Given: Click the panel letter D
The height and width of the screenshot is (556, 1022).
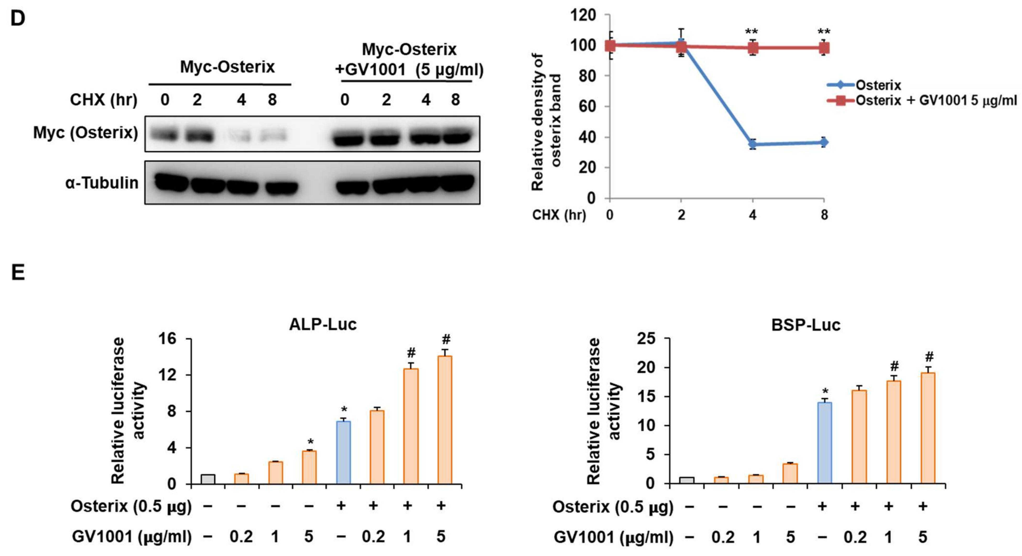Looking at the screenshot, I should click(18, 18).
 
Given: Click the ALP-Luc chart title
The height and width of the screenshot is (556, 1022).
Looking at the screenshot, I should click(323, 324).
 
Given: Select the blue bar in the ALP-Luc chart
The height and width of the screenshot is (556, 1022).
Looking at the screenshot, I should click(344, 452).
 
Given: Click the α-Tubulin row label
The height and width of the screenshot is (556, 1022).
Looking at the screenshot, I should click(102, 183).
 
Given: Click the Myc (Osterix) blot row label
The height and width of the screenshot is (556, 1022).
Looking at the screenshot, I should click(85, 133).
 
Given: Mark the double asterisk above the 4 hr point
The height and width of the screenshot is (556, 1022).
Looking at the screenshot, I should click(751, 32).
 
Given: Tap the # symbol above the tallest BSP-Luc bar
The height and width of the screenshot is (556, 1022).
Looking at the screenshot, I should click(929, 356).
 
